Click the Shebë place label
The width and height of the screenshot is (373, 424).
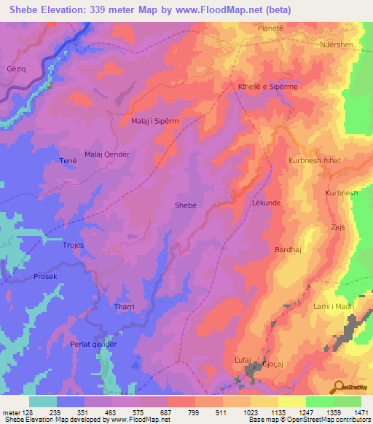(185, 205)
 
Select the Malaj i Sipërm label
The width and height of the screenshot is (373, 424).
(155, 120)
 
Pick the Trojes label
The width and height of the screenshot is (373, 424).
(76, 246)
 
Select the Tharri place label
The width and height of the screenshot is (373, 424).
(125, 307)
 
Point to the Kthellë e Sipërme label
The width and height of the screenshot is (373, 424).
(268, 87)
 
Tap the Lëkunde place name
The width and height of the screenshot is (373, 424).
(266, 203)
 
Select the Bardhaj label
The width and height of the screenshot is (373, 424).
(287, 250)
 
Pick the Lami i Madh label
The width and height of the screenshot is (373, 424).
(334, 307)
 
